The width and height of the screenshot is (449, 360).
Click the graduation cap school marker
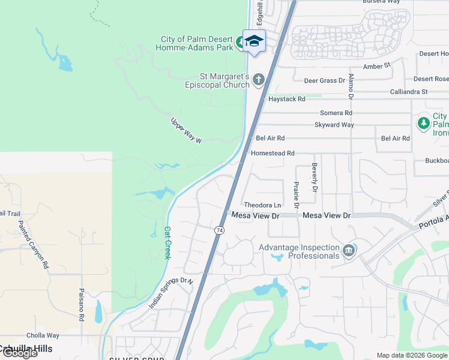pos(254,41)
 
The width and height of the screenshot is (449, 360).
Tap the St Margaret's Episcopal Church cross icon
pos(259,79)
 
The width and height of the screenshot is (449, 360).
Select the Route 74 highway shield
pos(220,230)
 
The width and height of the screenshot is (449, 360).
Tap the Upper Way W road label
pos(187,130)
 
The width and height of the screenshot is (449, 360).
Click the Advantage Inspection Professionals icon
pos(348,251)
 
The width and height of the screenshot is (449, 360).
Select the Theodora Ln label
pos(262,205)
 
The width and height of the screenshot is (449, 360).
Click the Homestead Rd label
pos(273,154)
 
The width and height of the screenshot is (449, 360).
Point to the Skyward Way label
pos(334,125)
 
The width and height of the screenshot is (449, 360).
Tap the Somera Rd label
pos(336,113)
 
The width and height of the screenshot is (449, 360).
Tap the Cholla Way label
pos(42,335)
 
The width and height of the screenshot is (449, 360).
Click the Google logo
pos(19,353)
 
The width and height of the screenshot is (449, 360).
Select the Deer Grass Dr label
pos(325,80)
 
